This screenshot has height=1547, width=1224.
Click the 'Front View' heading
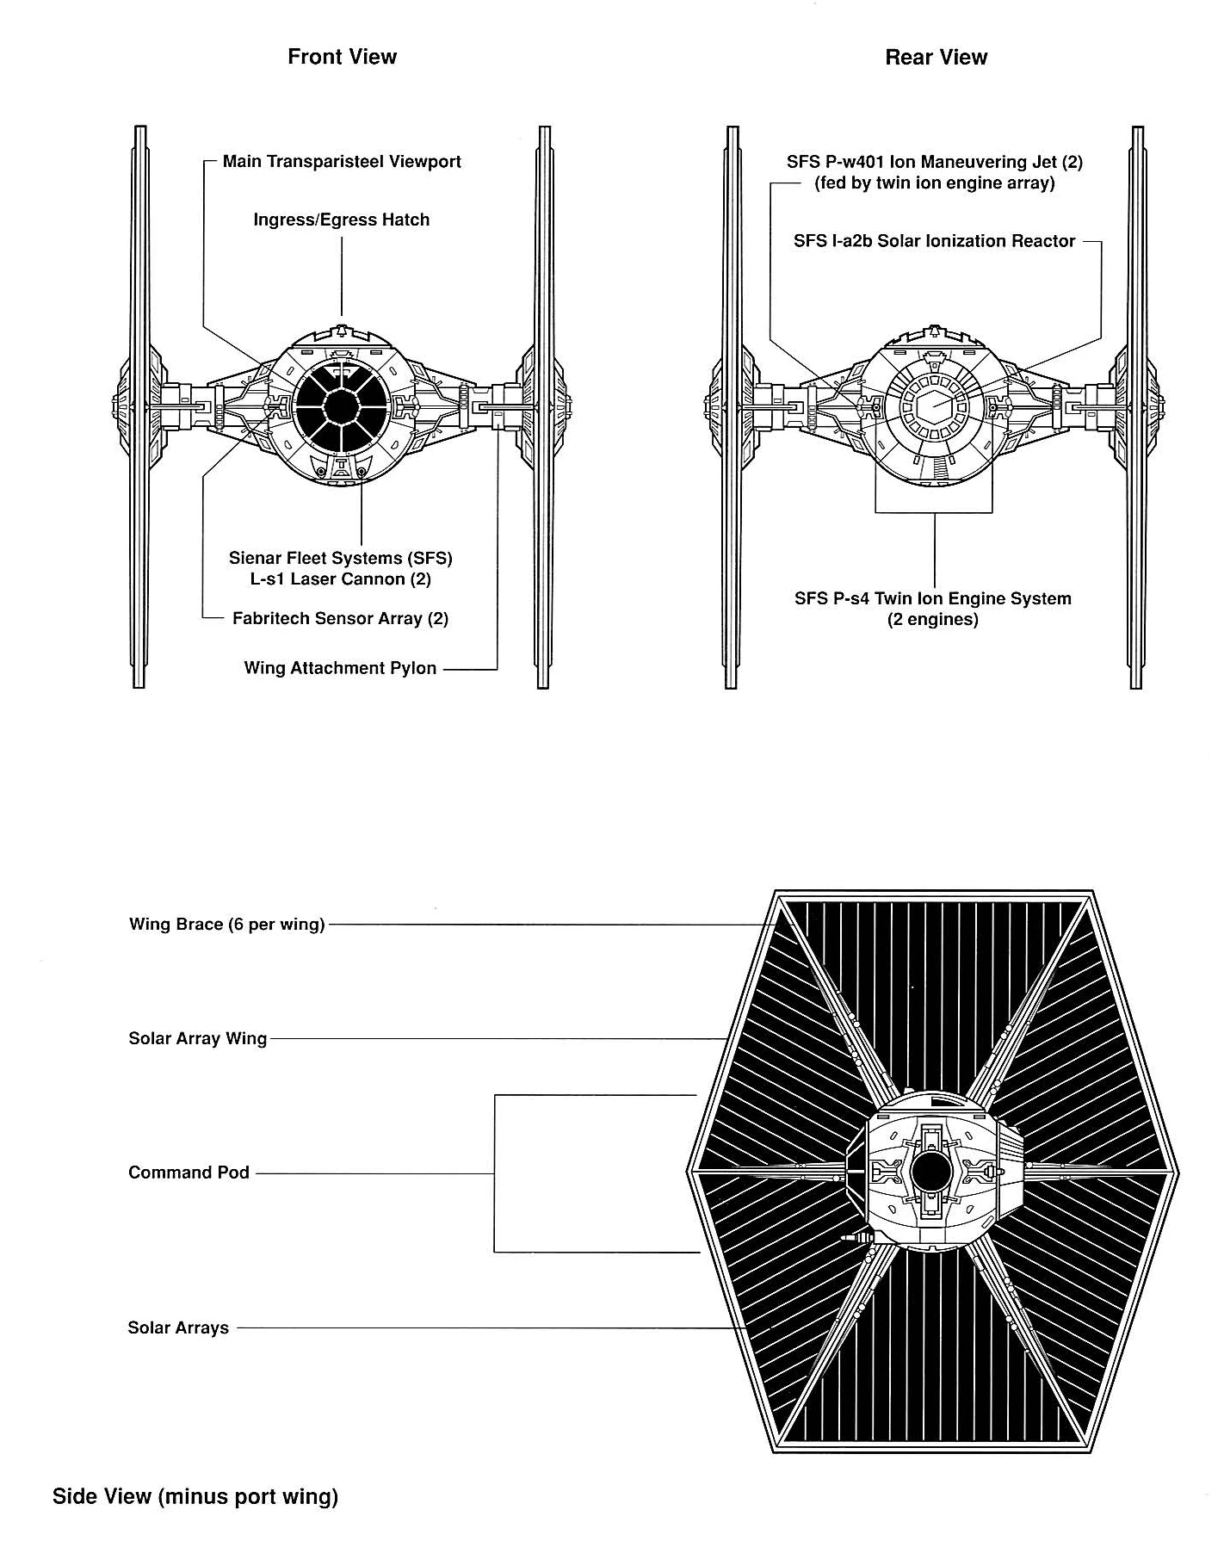[x=342, y=57]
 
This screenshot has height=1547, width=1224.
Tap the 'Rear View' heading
[x=936, y=57]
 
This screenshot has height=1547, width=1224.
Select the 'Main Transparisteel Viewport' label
[x=342, y=162]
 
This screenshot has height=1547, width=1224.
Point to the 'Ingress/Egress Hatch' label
[x=341, y=220]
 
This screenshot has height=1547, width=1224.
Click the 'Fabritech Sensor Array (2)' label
[x=340, y=618]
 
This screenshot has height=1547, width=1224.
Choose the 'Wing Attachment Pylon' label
[x=340, y=668]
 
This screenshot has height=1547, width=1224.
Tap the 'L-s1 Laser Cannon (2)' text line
[x=341, y=579]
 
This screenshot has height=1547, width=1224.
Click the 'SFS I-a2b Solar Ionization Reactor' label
[x=934, y=241]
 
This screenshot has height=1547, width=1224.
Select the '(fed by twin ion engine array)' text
[x=934, y=183]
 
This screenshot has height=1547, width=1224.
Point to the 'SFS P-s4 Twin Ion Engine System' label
[x=933, y=598]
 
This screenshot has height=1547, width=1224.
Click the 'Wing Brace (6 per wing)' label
[x=227, y=925]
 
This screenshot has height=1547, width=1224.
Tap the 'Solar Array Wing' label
[x=198, y=1038]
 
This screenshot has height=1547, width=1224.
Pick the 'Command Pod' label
[x=189, y=1173]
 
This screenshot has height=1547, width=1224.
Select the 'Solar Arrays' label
[x=178, y=1327]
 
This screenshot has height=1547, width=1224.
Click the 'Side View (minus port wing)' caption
[x=195, y=1496]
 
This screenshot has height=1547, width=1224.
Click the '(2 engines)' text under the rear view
[x=933, y=619]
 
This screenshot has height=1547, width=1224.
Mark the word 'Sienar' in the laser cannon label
[x=256, y=558]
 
